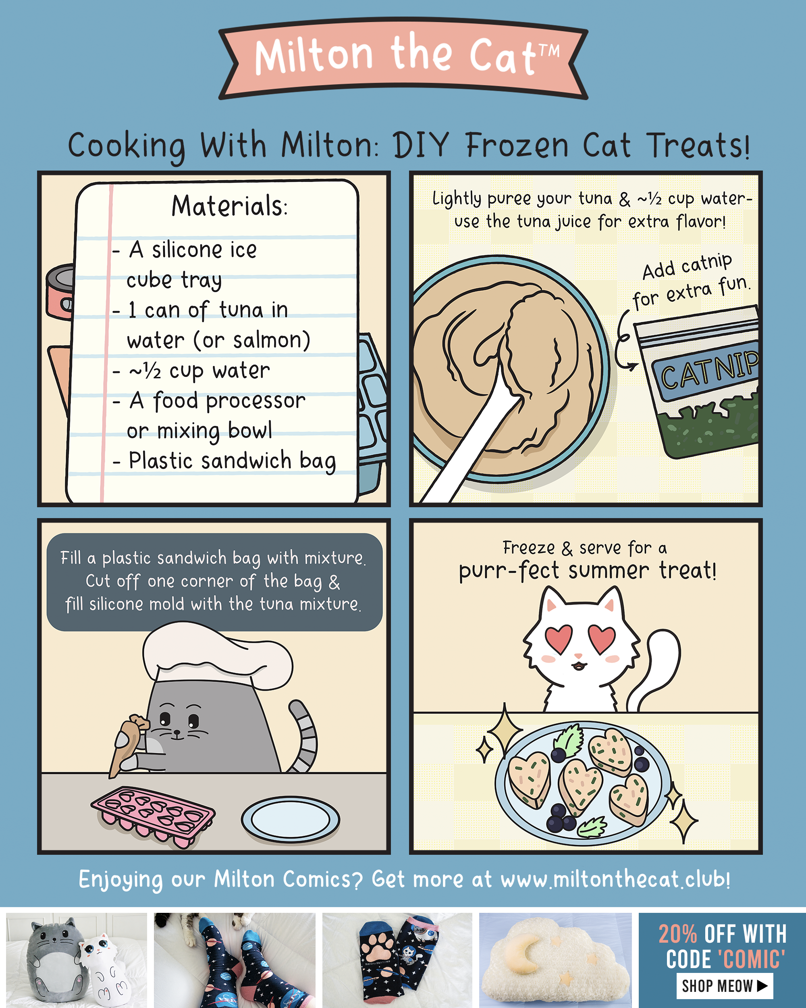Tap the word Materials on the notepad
pyautogui.click(x=229, y=206)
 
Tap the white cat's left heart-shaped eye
pyautogui.click(x=559, y=639)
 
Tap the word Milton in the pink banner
pyautogui.click(x=314, y=56)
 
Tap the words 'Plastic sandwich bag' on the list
pyautogui.click(x=232, y=460)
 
